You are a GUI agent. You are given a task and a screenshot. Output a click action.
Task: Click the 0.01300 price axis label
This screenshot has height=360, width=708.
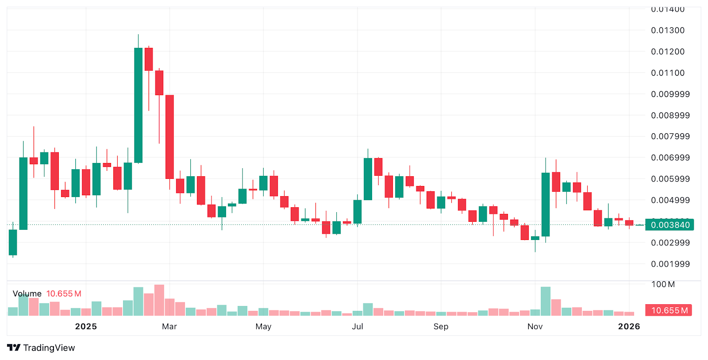click(667, 30)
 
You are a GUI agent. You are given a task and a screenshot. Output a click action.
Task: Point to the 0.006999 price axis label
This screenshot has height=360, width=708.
click(670, 158)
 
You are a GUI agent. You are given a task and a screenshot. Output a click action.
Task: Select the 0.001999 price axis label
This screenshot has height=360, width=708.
click(670, 264)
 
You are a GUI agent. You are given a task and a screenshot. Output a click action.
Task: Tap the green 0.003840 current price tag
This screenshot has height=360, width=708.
click(670, 225)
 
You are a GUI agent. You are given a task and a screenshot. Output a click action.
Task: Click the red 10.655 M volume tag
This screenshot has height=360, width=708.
click(669, 310)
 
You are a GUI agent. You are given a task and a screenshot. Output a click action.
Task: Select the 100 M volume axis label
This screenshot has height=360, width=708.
click(663, 284)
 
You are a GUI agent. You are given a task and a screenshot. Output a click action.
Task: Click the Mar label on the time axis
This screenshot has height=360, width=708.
click(169, 326)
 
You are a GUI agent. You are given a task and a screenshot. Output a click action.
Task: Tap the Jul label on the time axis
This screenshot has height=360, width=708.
click(357, 326)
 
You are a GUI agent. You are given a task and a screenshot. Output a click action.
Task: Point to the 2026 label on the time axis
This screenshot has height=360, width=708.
click(629, 326)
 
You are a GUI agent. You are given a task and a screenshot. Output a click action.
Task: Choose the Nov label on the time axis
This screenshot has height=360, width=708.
click(535, 326)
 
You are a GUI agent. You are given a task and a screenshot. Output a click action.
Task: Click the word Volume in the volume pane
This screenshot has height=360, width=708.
click(27, 294)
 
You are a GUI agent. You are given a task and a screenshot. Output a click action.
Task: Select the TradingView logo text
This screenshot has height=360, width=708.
click(49, 348)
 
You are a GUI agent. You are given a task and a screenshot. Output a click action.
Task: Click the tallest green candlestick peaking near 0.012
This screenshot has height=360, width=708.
click(138, 105)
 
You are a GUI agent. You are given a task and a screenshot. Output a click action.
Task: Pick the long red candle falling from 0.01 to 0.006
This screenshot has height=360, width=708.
click(169, 137)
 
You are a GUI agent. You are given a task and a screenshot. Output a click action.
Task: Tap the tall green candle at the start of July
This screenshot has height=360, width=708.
click(368, 179)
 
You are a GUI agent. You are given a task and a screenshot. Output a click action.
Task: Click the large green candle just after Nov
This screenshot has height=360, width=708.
click(546, 204)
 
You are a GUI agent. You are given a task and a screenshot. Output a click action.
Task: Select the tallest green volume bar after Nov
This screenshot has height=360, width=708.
click(546, 301)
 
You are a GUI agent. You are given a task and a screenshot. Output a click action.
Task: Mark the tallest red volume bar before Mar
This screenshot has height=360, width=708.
click(159, 300)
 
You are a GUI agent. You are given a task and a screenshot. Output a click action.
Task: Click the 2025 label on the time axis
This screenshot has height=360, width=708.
click(86, 326)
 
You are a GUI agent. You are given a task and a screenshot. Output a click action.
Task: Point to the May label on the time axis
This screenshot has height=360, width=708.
click(263, 326)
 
